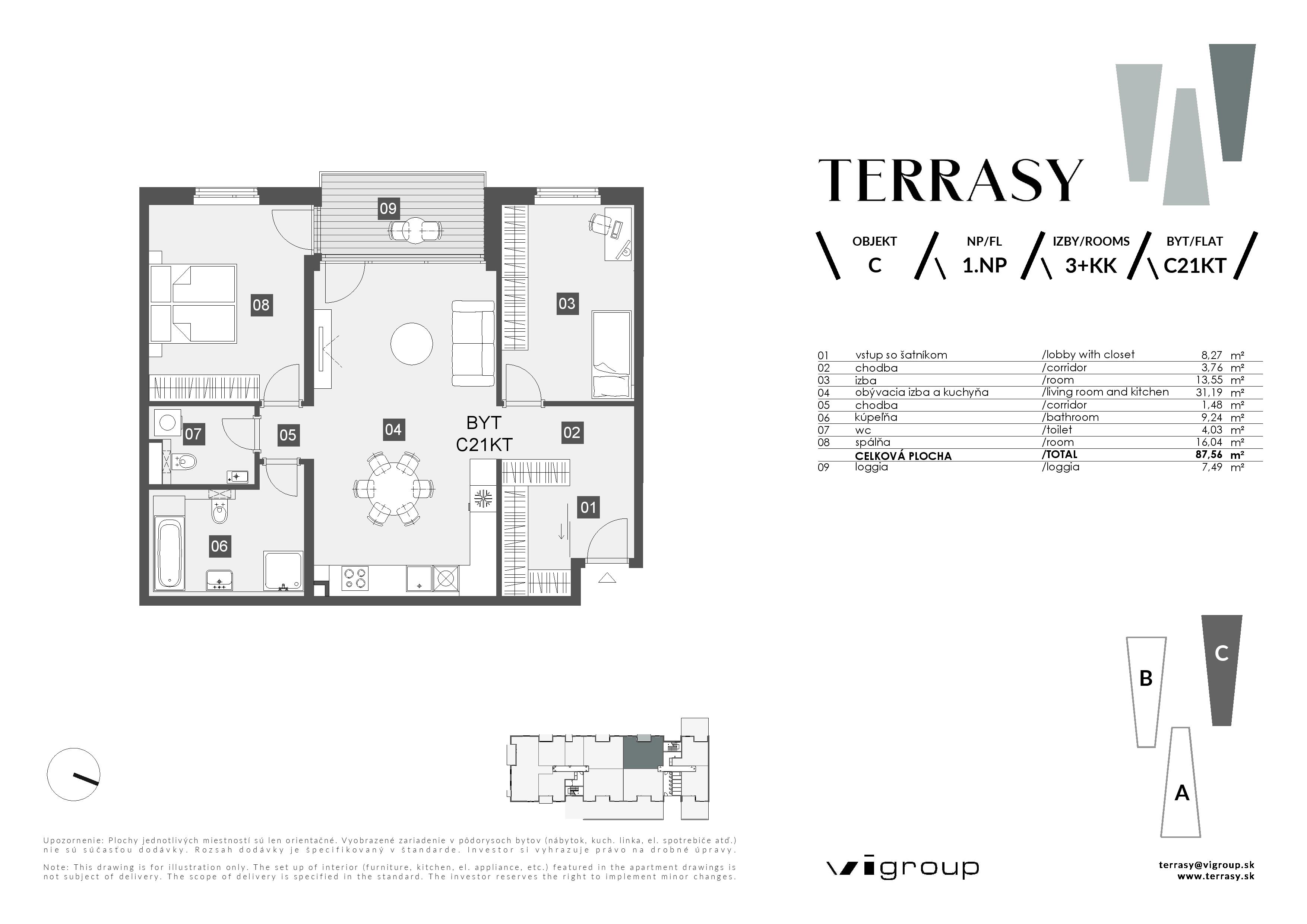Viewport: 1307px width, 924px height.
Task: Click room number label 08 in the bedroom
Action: point(261,305)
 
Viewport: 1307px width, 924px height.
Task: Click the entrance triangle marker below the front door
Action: point(607,578)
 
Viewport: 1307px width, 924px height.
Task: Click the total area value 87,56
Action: point(1209,455)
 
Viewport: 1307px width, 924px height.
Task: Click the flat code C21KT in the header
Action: point(1194,266)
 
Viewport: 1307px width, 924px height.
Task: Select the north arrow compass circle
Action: point(74,774)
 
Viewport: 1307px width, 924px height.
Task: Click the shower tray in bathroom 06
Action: point(283,570)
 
